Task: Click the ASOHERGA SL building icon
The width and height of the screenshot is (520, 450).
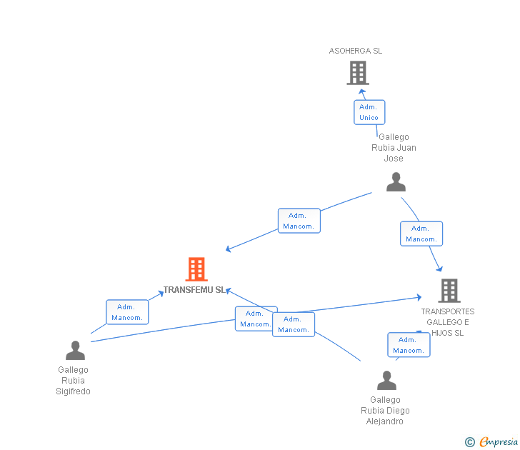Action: pyautogui.click(x=358, y=73)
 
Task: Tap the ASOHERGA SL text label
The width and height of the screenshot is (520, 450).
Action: pyautogui.click(x=356, y=51)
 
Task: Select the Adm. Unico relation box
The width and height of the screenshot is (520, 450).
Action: pyautogui.click(x=369, y=112)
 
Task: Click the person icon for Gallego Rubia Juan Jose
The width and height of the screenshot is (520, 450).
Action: pyautogui.click(x=396, y=182)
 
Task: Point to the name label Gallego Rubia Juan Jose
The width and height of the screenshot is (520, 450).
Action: pyautogui.click(x=394, y=148)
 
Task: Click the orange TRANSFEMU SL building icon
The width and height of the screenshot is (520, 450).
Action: pyautogui.click(x=196, y=269)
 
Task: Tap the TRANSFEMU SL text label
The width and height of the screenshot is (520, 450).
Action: pyautogui.click(x=194, y=290)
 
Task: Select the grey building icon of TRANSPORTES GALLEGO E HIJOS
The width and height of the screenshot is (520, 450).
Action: pyautogui.click(x=449, y=291)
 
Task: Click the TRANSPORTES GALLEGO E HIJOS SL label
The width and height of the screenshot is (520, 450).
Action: pyautogui.click(x=447, y=322)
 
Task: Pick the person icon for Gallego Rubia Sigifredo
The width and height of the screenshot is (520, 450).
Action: pyautogui.click(x=75, y=350)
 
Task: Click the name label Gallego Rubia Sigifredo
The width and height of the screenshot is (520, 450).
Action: pyautogui.click(x=74, y=381)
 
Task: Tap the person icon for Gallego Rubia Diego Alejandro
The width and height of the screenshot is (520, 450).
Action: pyautogui.click(x=386, y=380)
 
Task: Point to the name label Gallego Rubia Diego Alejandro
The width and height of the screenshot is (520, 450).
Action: pyautogui.click(x=386, y=411)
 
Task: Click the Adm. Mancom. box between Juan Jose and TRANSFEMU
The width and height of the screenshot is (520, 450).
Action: pyautogui.click(x=299, y=221)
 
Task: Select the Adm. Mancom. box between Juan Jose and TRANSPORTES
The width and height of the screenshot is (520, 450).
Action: pyautogui.click(x=421, y=234)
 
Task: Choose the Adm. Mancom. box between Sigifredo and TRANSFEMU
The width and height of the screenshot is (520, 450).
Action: pyautogui.click(x=127, y=312)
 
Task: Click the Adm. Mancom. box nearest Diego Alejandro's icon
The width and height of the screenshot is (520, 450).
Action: pyautogui.click(x=409, y=345)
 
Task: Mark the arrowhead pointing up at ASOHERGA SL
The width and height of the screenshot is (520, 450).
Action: pyautogui.click(x=362, y=91)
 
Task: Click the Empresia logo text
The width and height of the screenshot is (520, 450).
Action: pyautogui.click(x=499, y=442)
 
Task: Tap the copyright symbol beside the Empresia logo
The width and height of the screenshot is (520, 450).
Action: pyautogui.click(x=470, y=442)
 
